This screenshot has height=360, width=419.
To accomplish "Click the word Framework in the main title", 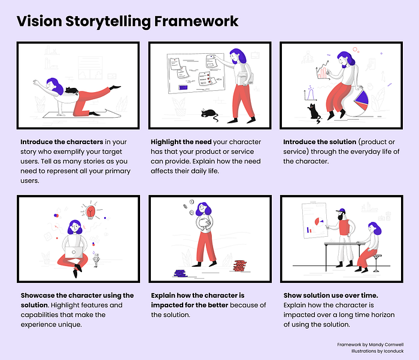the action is point(196,21).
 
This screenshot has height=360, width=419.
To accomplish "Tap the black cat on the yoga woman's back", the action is point(72,90).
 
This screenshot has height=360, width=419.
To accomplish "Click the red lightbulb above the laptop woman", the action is point(90,211).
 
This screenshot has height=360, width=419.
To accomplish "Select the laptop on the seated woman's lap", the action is point(74,252).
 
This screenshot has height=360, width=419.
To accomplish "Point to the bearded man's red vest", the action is point(344,227).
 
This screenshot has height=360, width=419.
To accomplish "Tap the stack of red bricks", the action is point(239,266).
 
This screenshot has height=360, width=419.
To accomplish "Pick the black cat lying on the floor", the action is point(209,114).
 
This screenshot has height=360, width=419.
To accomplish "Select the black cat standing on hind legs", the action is point(314,113).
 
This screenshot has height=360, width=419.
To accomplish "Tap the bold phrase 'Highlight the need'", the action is point(181,142).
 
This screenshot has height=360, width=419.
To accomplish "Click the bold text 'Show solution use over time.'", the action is point(330,295).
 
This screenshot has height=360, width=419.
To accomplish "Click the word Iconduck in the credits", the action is point(394,351).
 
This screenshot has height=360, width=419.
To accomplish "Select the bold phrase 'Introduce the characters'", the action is point(62,142).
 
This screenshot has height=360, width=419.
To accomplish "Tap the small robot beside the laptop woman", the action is point(96,260).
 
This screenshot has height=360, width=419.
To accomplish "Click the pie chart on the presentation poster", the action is point(318,222).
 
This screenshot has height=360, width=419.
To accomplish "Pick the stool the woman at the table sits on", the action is point(376,263).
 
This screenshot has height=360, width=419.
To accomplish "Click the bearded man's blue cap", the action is point(341,210).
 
